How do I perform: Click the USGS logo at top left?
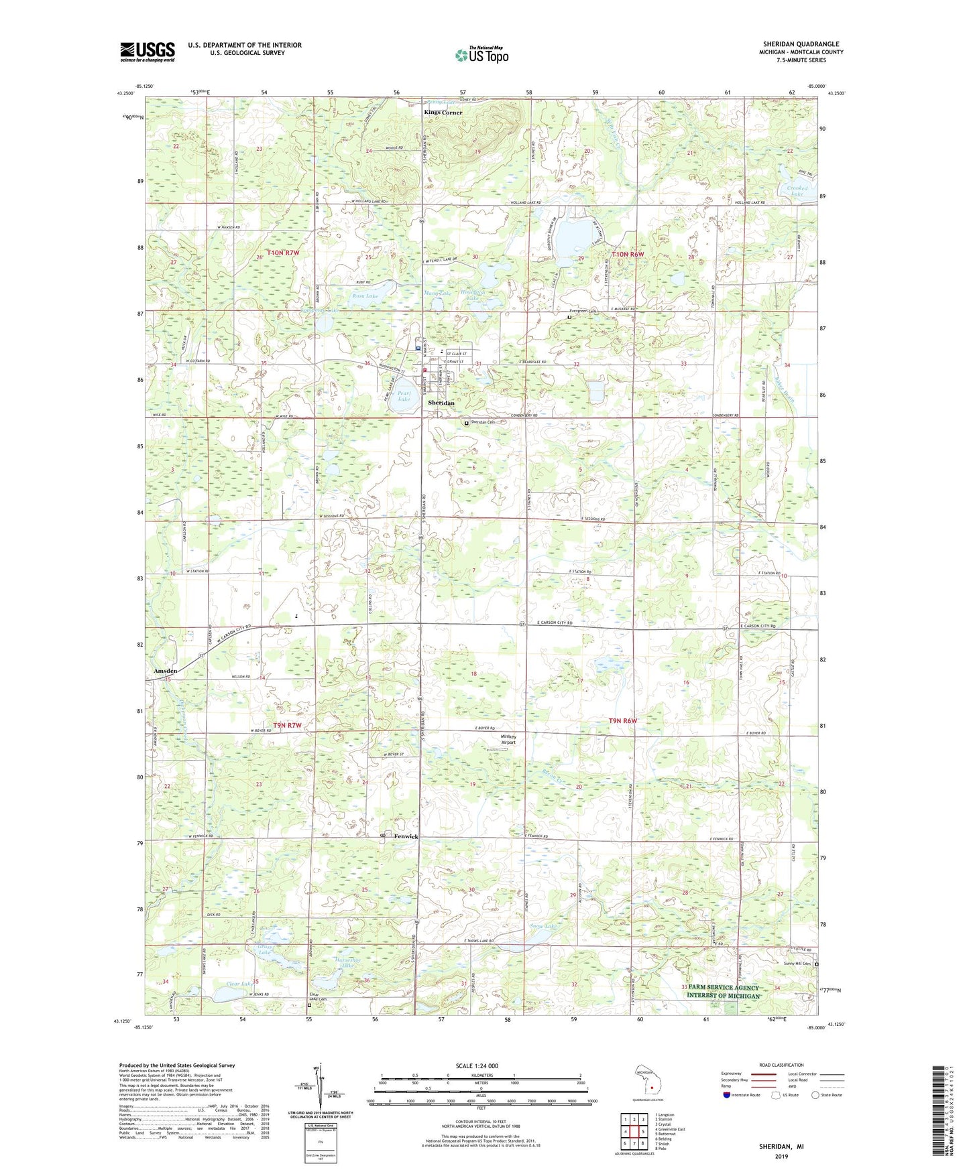tap(147, 52)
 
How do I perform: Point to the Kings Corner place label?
tap(443, 113)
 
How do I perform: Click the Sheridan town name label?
tap(441, 403)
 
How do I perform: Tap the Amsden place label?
tap(166, 671)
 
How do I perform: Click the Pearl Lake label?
tap(404, 396)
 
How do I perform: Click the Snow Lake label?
tap(543, 926)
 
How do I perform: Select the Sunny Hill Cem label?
tap(797, 964)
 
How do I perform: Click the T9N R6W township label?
tap(622, 721)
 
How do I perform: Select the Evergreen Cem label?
tap(582, 311)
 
